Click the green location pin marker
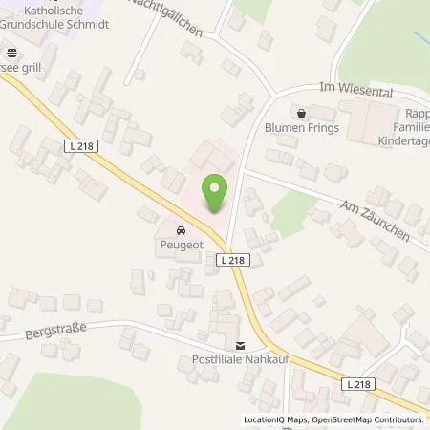(x=216, y=192)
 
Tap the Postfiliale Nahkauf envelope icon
(x=241, y=346)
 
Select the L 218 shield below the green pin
(x=233, y=260)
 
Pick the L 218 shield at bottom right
(x=358, y=383)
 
